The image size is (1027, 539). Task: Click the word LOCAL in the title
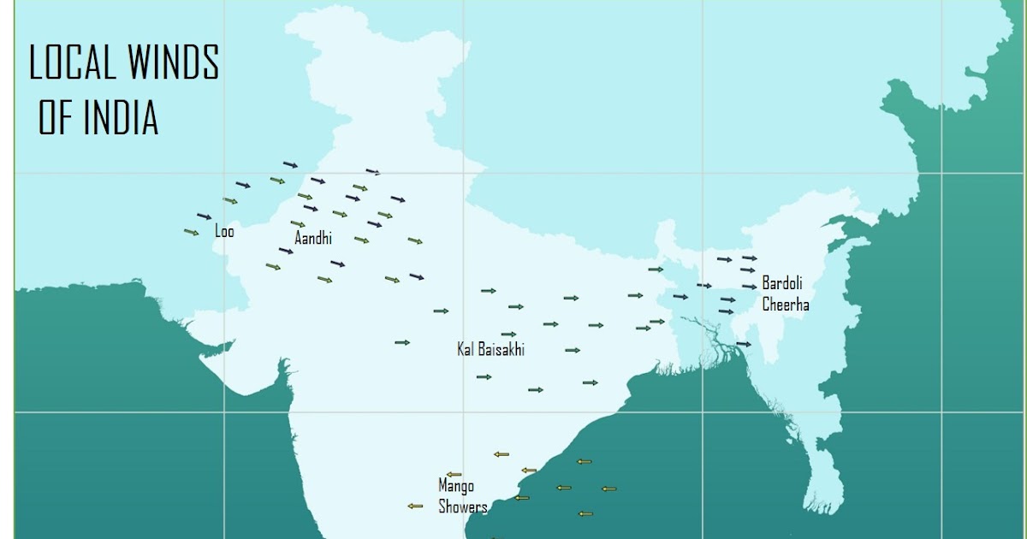pyautogui.click(x=72, y=64)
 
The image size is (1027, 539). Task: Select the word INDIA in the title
pyautogui.click(x=121, y=117)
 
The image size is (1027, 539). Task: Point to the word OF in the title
pyautogui.click(x=56, y=117)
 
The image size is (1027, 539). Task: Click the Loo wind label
pyautogui.click(x=224, y=231)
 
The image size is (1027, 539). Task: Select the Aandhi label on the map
pyautogui.click(x=312, y=239)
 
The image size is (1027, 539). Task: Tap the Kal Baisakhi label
pyautogui.click(x=491, y=349)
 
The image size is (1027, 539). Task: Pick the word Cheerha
pyautogui.click(x=786, y=304)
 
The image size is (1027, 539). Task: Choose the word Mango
pyautogui.click(x=456, y=486)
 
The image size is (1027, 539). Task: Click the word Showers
pyautogui.click(x=463, y=506)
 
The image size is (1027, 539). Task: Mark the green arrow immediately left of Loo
pyautogui.click(x=192, y=232)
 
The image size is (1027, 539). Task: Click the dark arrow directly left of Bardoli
pyautogui.click(x=749, y=287)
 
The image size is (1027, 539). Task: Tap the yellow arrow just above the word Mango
pyautogui.click(x=454, y=474)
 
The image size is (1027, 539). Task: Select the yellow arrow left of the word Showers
pyautogui.click(x=415, y=506)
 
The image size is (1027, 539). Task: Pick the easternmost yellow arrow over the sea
pyautogui.click(x=608, y=489)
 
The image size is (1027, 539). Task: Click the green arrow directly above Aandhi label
pyautogui.click(x=298, y=224)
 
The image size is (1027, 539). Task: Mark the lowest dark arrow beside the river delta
pyautogui.click(x=743, y=344)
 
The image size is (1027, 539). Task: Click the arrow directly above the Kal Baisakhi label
pyautogui.click(x=508, y=335)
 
